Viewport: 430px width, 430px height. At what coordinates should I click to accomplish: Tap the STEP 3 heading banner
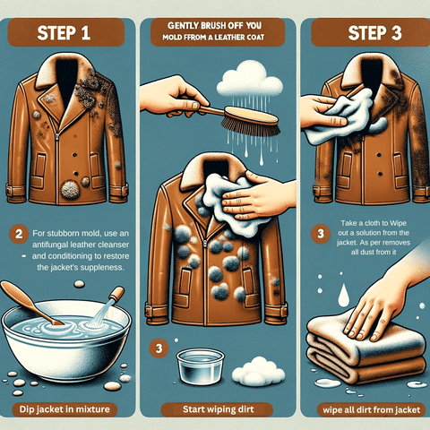(x=371, y=32)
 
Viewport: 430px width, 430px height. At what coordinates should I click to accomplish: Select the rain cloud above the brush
(x=250, y=79)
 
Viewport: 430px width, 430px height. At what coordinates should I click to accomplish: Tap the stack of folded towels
(x=366, y=350)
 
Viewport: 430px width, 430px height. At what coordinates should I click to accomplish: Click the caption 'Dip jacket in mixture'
(x=64, y=409)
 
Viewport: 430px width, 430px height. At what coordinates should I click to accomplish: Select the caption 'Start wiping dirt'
(x=219, y=409)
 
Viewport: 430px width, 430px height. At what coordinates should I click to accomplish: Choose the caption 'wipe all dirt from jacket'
(x=372, y=410)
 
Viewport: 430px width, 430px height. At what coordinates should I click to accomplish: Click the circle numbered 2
(x=19, y=234)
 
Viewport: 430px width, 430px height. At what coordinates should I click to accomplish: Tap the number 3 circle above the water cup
(x=159, y=348)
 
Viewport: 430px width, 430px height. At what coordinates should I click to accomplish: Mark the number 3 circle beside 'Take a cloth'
(x=321, y=234)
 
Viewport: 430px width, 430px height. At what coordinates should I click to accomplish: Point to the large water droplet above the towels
(x=343, y=296)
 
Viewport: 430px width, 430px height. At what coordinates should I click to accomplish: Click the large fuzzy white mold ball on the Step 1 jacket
(x=71, y=190)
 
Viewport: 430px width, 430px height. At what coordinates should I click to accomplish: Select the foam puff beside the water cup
(x=259, y=371)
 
